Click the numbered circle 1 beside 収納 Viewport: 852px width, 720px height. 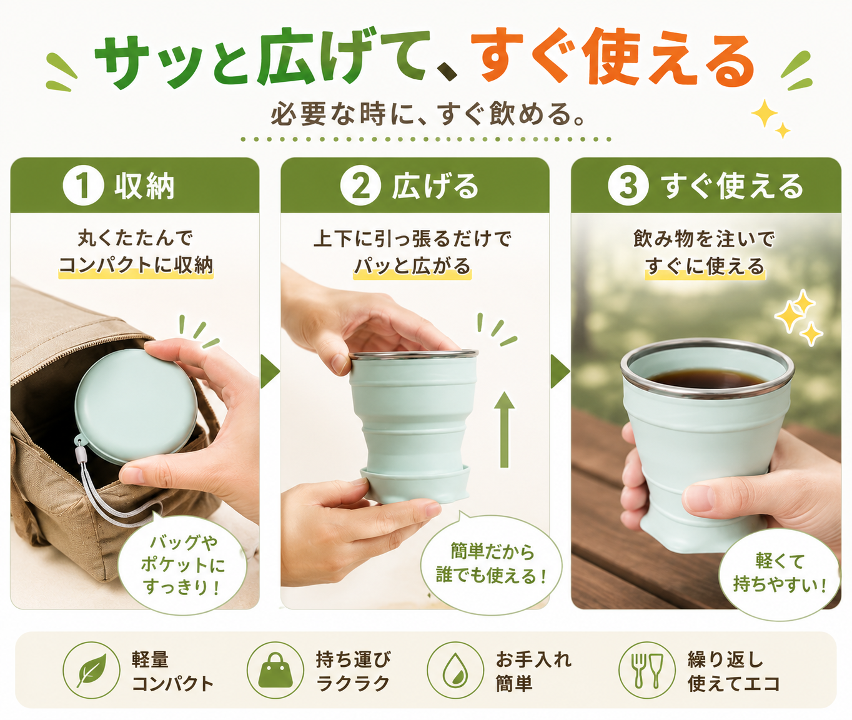[83, 186]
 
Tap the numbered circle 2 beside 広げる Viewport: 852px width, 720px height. [360, 186]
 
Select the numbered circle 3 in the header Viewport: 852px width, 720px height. [628, 186]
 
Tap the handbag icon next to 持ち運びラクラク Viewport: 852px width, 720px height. [275, 670]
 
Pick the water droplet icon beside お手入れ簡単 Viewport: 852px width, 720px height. [455, 670]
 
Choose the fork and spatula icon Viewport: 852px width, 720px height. [647, 670]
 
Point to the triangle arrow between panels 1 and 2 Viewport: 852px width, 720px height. [270, 372]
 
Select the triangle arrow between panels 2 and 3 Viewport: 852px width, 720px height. [560, 372]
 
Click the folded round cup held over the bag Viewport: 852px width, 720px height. [136, 406]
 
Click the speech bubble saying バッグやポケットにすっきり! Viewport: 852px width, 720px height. [182, 565]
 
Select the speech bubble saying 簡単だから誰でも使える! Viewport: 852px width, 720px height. [491, 564]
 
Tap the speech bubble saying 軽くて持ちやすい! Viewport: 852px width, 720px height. [779, 574]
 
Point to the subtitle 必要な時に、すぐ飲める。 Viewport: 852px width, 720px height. [427, 113]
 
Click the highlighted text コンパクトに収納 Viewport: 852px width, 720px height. [136, 265]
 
